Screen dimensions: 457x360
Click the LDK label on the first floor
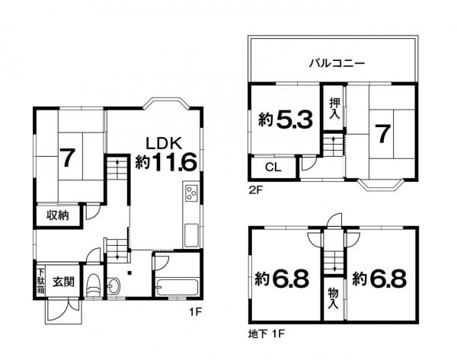coord(164,143)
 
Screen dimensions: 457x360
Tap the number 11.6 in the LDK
coord(174,162)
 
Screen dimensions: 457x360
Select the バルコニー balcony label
coord(337,63)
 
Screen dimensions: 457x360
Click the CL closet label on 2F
coord(273,167)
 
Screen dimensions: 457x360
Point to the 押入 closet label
coord(334,108)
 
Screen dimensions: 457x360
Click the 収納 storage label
coord(58,215)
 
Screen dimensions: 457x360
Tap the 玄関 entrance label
coord(63,282)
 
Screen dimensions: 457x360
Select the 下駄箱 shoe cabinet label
coord(40,281)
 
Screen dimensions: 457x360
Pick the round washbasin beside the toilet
coord(113,285)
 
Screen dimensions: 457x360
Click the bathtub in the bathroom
coord(177,287)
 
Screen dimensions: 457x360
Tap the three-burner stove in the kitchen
coord(191,193)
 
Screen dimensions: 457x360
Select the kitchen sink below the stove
coord(191,235)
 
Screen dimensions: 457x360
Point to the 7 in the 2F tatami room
coord(382,134)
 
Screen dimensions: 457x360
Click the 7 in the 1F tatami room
coord(67,158)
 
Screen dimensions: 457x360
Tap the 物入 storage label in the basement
coord(334,298)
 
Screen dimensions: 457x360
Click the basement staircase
coord(334,263)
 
